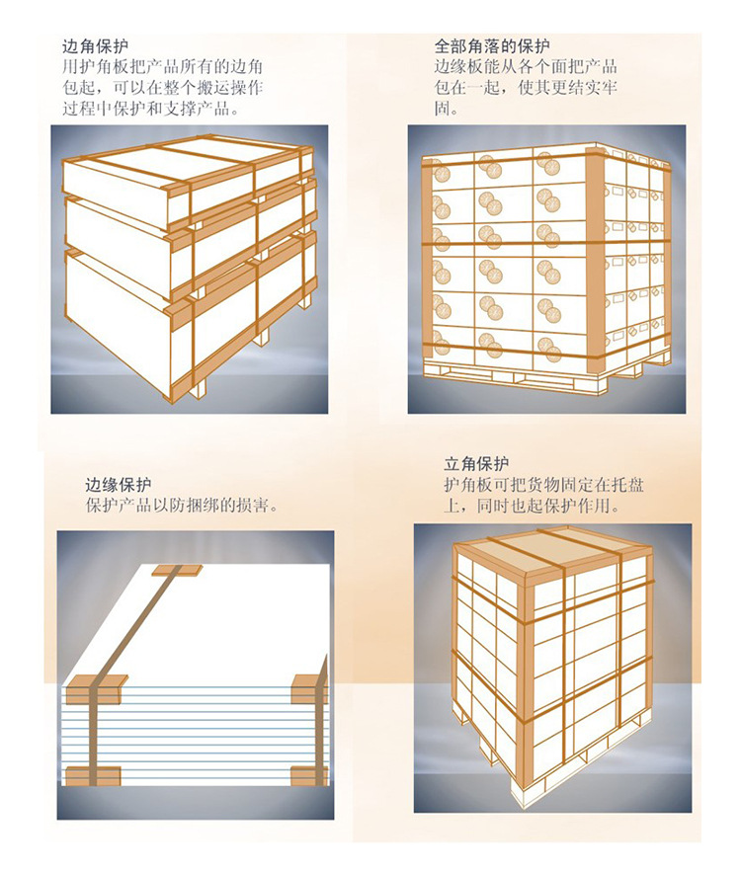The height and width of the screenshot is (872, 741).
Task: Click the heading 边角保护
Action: point(94,45)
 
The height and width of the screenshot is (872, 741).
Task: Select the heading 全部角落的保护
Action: point(491,46)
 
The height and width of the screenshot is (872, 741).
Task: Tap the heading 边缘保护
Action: point(118,485)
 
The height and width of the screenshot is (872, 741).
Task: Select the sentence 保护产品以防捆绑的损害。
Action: point(181,507)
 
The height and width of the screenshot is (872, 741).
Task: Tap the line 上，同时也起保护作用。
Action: point(531,507)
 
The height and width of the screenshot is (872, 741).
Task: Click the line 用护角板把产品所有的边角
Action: point(161,67)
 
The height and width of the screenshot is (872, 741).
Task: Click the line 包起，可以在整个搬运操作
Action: point(161,88)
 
